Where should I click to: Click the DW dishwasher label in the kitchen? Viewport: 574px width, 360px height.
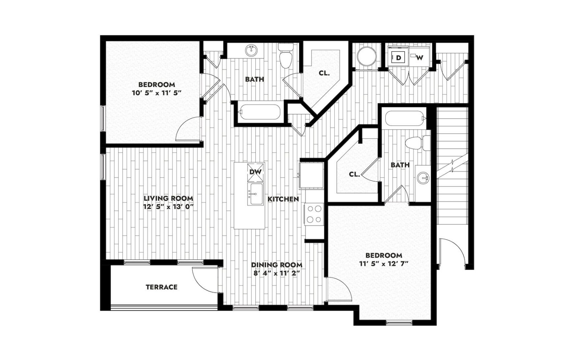tap(256, 172)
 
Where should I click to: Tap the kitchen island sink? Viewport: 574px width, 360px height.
tap(255, 194)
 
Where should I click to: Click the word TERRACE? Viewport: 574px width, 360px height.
tap(161, 287)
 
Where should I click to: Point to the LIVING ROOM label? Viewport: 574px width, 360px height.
tap(168, 198)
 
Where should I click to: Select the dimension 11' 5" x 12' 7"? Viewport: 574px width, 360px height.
tap(384, 264)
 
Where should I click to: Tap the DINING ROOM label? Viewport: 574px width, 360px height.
tap(277, 265)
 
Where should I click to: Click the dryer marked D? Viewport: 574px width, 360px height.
tap(398, 58)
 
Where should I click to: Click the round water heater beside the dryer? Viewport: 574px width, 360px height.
tap(367, 57)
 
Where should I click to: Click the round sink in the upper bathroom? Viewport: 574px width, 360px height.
tap(252, 51)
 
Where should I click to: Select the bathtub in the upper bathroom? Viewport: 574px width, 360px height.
tap(259, 112)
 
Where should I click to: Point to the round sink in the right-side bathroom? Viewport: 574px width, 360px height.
tap(423, 178)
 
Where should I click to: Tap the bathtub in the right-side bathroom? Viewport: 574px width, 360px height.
tap(406, 118)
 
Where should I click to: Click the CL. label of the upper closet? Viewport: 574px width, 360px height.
tap(324, 73)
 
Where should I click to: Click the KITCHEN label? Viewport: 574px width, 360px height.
tap(283, 199)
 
